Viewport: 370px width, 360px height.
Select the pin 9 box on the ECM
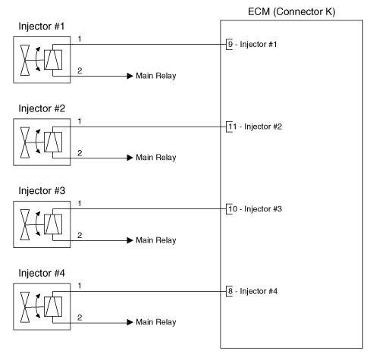(230, 44)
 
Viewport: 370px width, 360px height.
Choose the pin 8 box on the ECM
(230, 291)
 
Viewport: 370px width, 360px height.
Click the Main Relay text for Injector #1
(155, 76)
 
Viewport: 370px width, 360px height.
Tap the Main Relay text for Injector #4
(155, 323)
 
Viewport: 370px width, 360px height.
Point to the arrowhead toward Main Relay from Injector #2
(128, 158)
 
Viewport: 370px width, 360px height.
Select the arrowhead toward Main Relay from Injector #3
(128, 240)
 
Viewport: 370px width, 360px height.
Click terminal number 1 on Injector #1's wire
(79, 38)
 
